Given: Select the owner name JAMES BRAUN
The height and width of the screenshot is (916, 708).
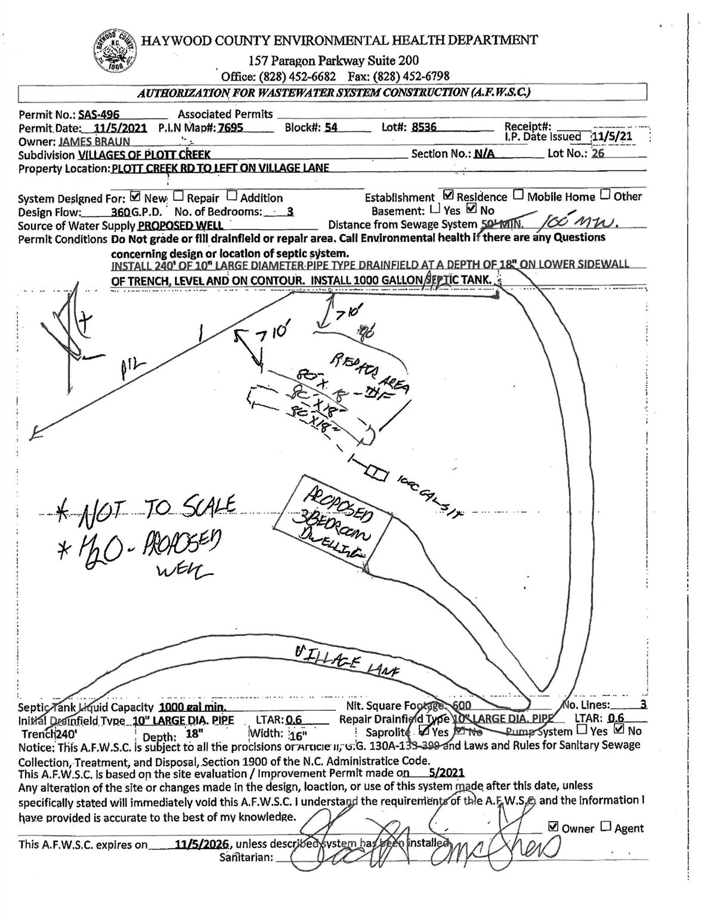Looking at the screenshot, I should point(94,143).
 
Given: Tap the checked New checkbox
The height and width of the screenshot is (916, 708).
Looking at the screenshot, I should point(135,196).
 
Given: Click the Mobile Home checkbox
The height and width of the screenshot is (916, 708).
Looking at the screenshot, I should point(519,195).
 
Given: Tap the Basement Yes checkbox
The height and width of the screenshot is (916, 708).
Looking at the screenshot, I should point(435,209).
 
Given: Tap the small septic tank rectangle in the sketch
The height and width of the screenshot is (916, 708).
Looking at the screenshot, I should point(376,472).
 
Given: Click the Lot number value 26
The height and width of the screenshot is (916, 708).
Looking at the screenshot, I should point(598,153).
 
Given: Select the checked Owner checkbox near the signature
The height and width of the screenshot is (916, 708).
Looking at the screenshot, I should point(553,827).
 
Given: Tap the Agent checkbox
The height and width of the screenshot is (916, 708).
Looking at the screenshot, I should point(605,827).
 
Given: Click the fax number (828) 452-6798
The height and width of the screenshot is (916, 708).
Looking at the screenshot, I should point(411,76).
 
